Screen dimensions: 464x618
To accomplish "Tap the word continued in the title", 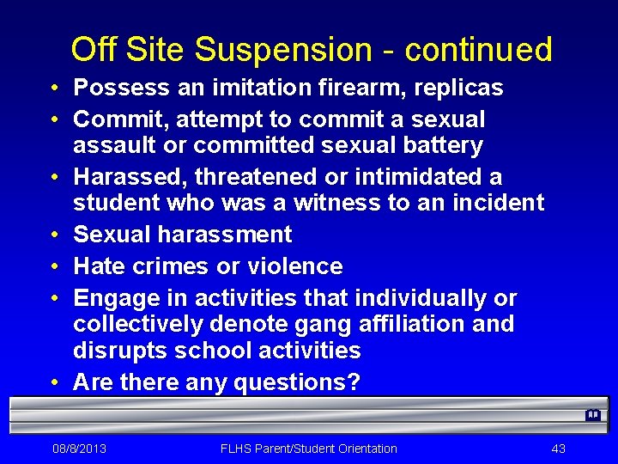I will pos(479,50).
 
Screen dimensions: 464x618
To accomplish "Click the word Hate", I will pos(100,266).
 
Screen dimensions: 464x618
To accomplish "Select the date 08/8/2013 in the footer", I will pos(79,449).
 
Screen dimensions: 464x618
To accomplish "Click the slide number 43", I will pos(559,449).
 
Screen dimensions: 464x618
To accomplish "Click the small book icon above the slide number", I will pos(592,415).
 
